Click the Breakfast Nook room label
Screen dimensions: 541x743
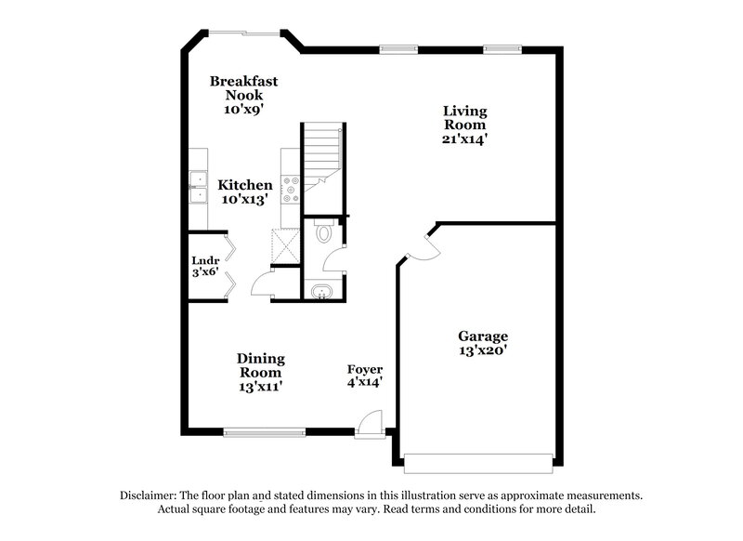(243, 87)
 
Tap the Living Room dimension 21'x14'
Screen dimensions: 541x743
(464, 139)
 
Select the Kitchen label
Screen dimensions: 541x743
(245, 185)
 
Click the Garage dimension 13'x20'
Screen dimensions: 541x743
(482, 350)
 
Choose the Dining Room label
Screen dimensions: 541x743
(260, 359)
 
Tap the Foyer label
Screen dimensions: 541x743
(365, 369)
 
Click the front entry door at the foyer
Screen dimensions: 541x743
(369, 426)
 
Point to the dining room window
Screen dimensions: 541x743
(265, 431)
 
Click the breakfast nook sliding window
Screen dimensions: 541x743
(243, 34)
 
